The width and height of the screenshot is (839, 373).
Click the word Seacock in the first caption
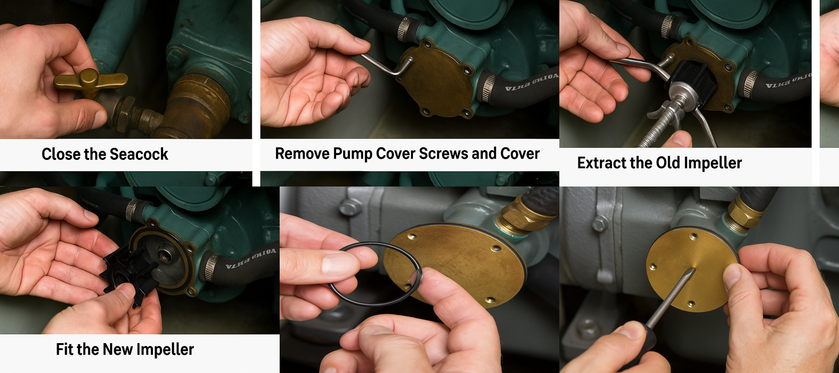tap(138, 154)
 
